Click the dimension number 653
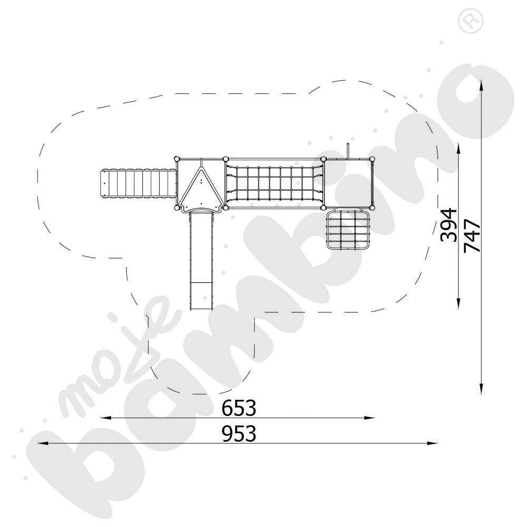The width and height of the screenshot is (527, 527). pyautogui.click(x=239, y=408)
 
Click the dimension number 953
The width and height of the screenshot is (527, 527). pyautogui.click(x=239, y=434)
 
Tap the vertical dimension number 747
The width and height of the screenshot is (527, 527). pyautogui.click(x=472, y=236)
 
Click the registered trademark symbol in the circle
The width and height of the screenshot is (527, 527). pyautogui.click(x=471, y=21)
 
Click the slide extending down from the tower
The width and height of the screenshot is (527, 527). pyautogui.click(x=201, y=260)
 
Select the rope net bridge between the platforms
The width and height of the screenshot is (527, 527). pyautogui.click(x=274, y=183)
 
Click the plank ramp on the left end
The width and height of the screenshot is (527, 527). pyautogui.click(x=138, y=184)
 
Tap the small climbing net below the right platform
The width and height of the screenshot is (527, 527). pyautogui.click(x=348, y=229)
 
